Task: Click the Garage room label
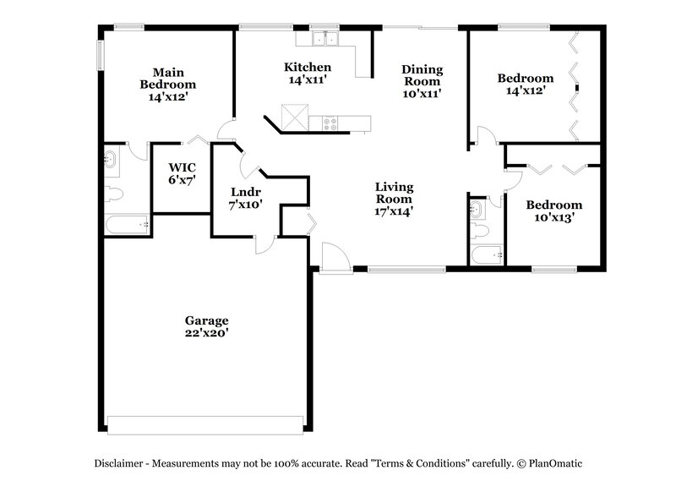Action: pos(206,320)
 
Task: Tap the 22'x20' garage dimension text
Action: pos(206,333)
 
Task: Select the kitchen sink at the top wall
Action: pos(322,38)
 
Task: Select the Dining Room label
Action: pos(421,75)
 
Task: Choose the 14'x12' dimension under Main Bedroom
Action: pos(167,96)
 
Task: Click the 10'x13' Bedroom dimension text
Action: pos(553,217)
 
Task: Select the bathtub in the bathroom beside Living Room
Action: pos(487,254)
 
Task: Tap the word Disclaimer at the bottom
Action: pos(123,463)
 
